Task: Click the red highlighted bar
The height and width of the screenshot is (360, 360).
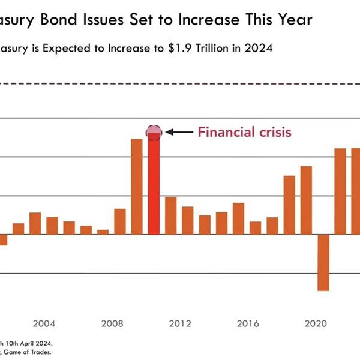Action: pyautogui.click(x=154, y=186)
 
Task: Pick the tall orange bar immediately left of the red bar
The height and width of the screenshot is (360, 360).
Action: pyautogui.click(x=137, y=187)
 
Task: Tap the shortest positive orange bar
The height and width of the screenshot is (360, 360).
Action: pyautogui.click(x=103, y=232)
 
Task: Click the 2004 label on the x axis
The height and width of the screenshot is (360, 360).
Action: pyautogui.click(x=44, y=324)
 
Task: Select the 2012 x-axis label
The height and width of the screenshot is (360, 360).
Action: pyautogui.click(x=180, y=324)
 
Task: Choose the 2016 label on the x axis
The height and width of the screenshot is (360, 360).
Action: pyautogui.click(x=248, y=324)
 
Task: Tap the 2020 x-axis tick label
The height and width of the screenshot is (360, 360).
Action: pyautogui.click(x=316, y=324)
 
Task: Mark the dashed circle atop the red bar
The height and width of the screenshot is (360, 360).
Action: pyautogui.click(x=154, y=132)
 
